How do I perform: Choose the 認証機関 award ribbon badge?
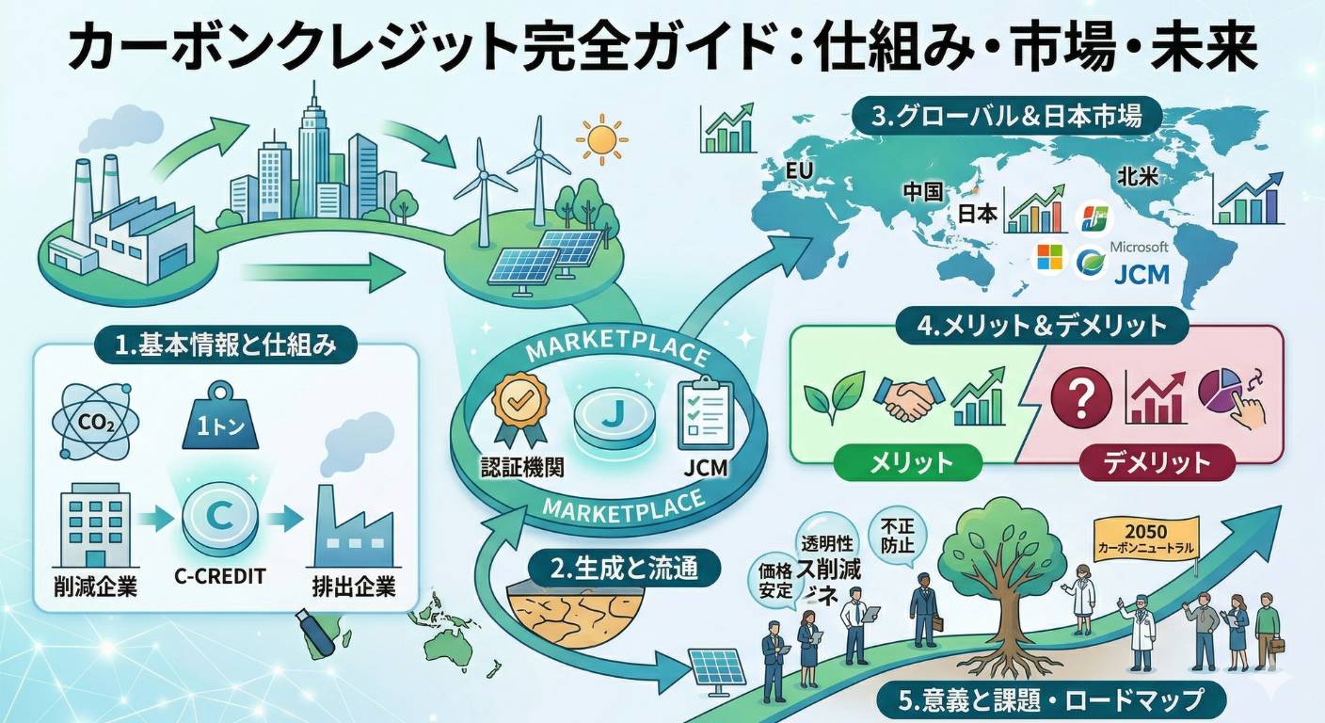[x=516, y=407]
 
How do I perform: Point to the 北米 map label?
[x=1136, y=175]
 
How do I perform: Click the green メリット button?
[x=907, y=462]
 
